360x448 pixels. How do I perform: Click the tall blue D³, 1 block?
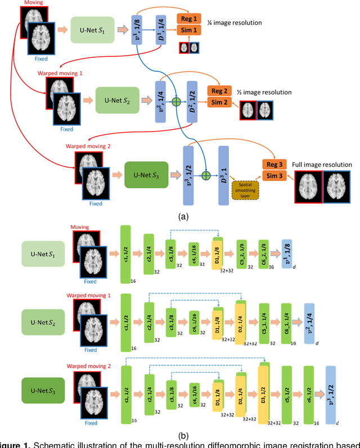tap(223, 169)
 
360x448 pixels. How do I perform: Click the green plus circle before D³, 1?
tap(206, 175)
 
